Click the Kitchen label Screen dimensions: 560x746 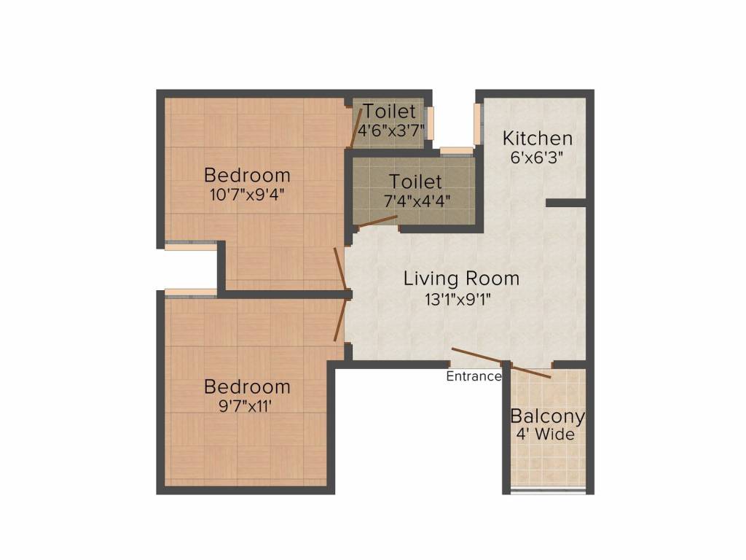point(538,138)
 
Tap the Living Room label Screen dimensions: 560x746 point(461,279)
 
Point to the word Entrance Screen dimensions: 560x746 point(474,377)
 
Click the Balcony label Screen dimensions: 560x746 point(547,417)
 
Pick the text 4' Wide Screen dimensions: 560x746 point(547,435)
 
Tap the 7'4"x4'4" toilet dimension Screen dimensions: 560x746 point(415,200)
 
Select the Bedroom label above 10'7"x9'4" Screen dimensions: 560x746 point(247,176)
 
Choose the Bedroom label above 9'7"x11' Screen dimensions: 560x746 point(247,386)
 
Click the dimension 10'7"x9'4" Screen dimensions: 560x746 point(247,195)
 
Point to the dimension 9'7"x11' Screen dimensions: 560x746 point(247,405)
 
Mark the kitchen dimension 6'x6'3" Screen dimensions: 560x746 point(538,156)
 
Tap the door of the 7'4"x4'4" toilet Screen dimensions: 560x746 point(376,222)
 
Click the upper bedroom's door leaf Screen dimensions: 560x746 point(341,270)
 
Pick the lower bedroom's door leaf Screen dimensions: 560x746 point(340,319)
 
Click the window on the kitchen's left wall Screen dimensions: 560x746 point(478,123)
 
